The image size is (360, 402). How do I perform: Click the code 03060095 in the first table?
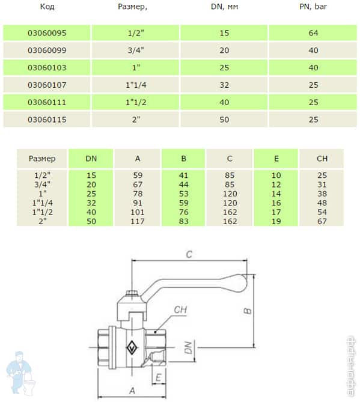46,32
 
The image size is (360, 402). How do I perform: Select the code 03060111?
46,102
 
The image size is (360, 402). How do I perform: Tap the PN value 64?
313,32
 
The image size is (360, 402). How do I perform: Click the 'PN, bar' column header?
313,7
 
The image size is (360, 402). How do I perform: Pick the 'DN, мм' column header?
224,7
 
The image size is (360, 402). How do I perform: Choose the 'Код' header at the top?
46,7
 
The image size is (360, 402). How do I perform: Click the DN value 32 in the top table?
224,85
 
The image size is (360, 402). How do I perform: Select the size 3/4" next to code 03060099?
135,50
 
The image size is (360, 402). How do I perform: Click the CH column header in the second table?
322,159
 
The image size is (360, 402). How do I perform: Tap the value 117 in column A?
138,221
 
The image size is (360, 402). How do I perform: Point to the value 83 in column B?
183,221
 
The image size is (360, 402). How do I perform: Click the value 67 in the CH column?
322,221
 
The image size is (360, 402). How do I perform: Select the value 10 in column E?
276,174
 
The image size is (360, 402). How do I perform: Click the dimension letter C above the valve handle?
188,254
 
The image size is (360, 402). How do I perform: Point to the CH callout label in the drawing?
180,310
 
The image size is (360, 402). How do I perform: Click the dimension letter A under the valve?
132,390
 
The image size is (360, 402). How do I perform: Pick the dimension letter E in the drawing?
157,376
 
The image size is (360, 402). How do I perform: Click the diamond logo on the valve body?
132,347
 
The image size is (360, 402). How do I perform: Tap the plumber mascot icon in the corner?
18,373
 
